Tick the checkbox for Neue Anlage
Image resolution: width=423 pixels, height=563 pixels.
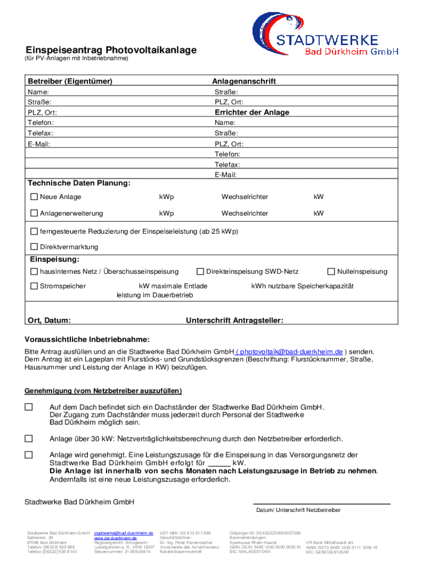(34, 197)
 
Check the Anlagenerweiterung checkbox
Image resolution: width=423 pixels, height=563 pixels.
(34, 213)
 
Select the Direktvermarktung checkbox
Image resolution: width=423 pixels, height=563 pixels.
(34, 247)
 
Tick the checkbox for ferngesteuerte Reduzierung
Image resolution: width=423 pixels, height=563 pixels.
(34, 231)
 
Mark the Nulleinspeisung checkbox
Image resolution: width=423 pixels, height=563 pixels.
(331, 272)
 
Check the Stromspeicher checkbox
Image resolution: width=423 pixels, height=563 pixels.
(34, 286)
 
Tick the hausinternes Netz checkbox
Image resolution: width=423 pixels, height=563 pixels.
(34, 272)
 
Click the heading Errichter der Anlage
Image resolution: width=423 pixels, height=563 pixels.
(252, 112)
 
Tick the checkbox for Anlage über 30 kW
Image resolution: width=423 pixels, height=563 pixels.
(29, 439)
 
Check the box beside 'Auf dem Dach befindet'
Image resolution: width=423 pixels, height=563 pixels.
(29, 407)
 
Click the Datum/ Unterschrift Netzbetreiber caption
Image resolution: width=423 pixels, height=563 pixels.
(298, 510)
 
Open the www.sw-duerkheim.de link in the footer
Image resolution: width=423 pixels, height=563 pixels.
(115, 538)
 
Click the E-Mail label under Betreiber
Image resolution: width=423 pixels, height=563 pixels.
(38, 144)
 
